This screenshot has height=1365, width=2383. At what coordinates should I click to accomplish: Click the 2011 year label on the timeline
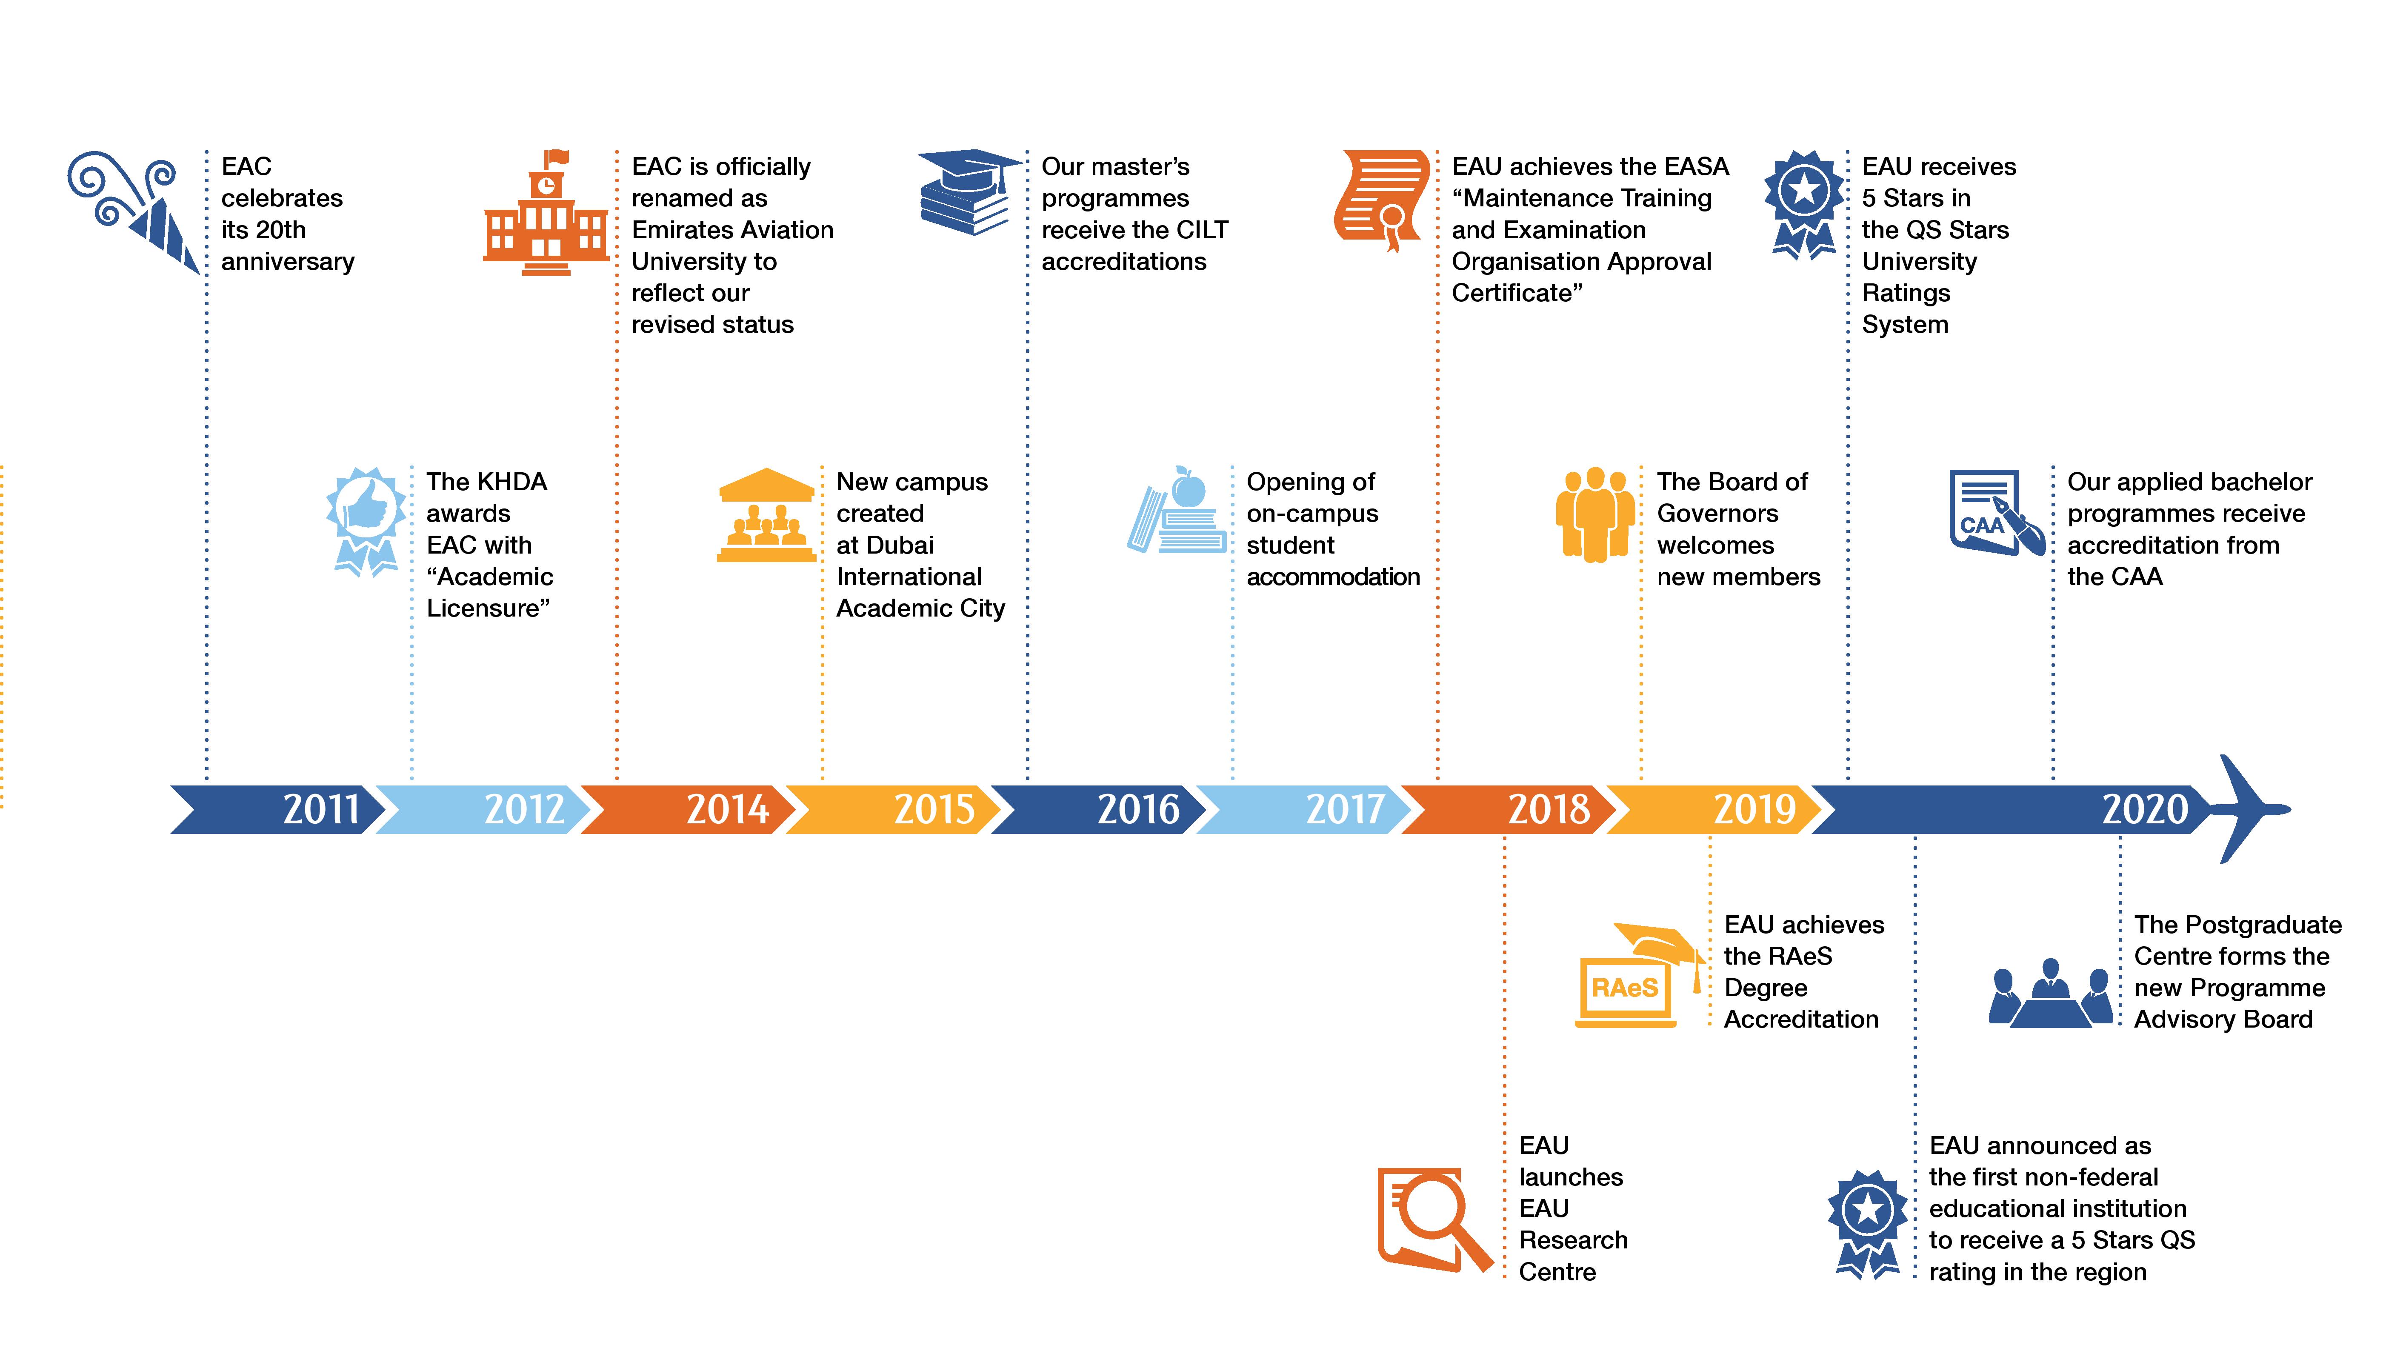[x=320, y=809]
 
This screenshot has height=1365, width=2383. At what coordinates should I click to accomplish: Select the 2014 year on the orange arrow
[x=728, y=809]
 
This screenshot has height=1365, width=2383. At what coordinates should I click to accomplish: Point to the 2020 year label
[x=2145, y=809]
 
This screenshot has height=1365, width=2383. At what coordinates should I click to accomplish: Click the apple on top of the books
[x=1189, y=488]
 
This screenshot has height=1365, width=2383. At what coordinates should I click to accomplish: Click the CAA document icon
[x=1996, y=513]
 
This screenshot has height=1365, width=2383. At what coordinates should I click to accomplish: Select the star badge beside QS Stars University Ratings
[x=1804, y=204]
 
